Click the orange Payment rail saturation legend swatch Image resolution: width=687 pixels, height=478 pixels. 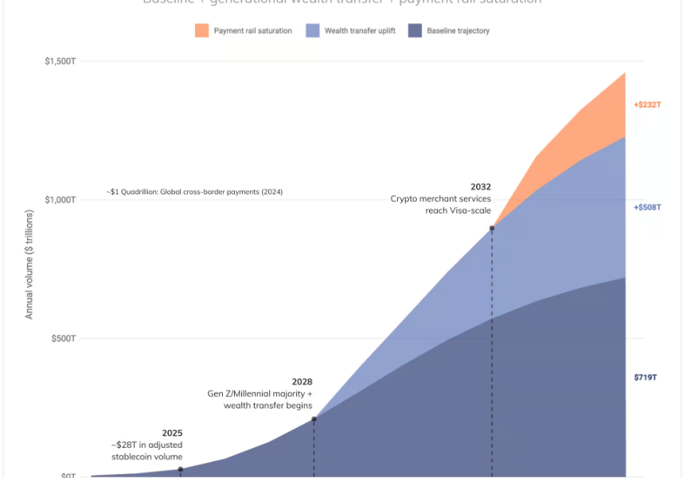[201, 31]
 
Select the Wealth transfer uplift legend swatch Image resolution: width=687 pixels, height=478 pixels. [313, 31]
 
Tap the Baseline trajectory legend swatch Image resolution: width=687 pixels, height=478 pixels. [415, 31]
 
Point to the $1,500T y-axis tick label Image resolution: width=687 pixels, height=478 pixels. [60, 61]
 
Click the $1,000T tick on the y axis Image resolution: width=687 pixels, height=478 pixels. [60, 200]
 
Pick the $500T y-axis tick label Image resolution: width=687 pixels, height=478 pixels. [62, 339]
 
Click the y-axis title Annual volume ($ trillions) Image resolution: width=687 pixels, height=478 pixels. [29, 264]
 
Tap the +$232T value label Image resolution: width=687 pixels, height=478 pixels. [647, 105]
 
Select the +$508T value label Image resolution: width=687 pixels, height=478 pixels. [647, 207]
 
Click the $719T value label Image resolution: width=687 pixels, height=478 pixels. [645, 377]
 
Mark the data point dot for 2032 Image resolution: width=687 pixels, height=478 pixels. [492, 228]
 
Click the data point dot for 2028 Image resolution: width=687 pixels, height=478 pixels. [314, 419]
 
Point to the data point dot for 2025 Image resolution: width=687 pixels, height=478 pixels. [181, 469]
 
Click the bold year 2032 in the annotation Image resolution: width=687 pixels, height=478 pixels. [480, 187]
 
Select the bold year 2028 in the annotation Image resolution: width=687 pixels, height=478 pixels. [302, 382]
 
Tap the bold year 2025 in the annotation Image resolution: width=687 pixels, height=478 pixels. [172, 433]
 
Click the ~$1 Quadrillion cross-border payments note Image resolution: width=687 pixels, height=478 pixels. [194, 192]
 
